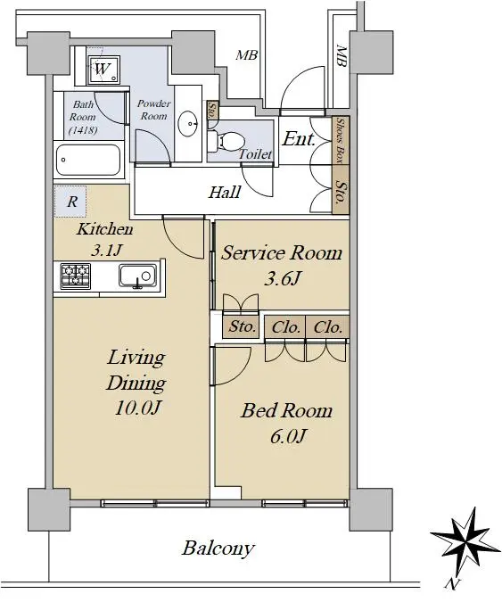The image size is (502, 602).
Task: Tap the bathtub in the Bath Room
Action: coord(88,160)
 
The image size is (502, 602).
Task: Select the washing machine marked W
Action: coord(103,70)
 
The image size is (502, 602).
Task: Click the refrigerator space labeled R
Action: coord(70,202)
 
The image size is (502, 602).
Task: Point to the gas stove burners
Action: coord(76,276)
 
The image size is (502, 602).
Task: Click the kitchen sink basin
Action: coord(137,276)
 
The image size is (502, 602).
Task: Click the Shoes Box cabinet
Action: coord(341,140)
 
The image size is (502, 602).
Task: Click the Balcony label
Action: coord(218,548)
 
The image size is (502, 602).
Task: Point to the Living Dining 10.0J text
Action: coord(136,383)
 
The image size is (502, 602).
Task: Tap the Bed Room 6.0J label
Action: coord(287,423)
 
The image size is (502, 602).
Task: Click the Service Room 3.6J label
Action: coord(282,266)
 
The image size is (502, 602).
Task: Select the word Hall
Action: coord(225,192)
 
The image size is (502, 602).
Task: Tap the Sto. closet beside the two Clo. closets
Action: coord(243,326)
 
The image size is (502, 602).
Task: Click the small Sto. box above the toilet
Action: coord(212,111)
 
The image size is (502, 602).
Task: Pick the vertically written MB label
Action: coord(342,56)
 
